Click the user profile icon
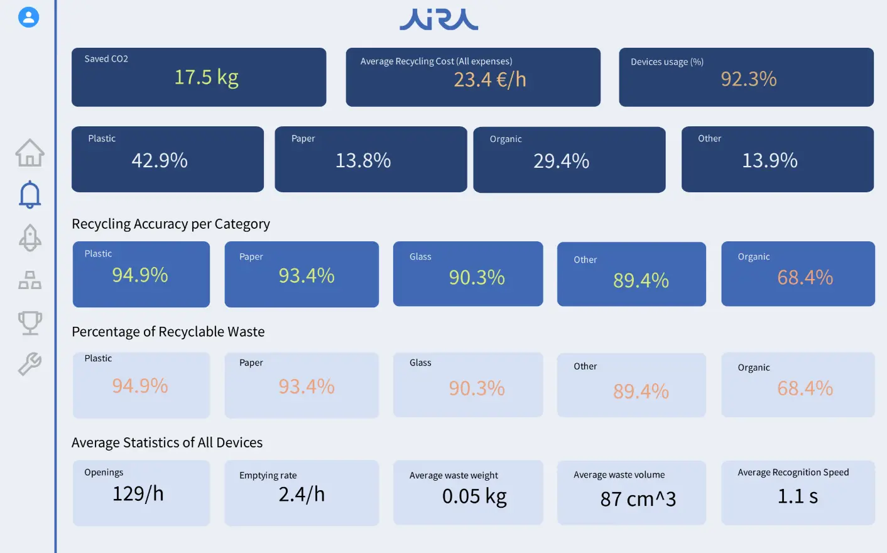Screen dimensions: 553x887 (x=28, y=17)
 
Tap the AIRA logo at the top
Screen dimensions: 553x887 (x=438, y=19)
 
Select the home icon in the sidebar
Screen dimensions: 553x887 (x=30, y=153)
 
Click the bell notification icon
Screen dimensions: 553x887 (x=30, y=195)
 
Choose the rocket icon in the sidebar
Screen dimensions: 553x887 (x=30, y=238)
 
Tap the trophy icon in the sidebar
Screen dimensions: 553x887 (x=30, y=323)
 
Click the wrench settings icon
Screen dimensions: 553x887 (x=30, y=364)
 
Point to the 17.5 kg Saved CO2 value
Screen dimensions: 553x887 (x=206, y=77)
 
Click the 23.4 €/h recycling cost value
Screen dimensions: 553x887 (x=489, y=80)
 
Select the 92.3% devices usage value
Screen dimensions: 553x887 (x=748, y=79)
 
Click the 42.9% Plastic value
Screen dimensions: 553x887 (x=160, y=161)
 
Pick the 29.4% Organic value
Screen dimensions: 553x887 (x=561, y=162)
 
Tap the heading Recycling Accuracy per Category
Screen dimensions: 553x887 (x=171, y=224)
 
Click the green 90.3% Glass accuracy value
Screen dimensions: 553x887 (x=477, y=278)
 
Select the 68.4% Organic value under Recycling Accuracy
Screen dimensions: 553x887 (x=805, y=278)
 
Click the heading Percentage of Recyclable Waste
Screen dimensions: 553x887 (x=168, y=332)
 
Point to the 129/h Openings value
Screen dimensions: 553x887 (x=138, y=494)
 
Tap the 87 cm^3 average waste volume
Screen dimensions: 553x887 (x=638, y=499)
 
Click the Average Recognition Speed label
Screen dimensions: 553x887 (x=793, y=473)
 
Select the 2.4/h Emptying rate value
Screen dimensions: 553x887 (x=302, y=495)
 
